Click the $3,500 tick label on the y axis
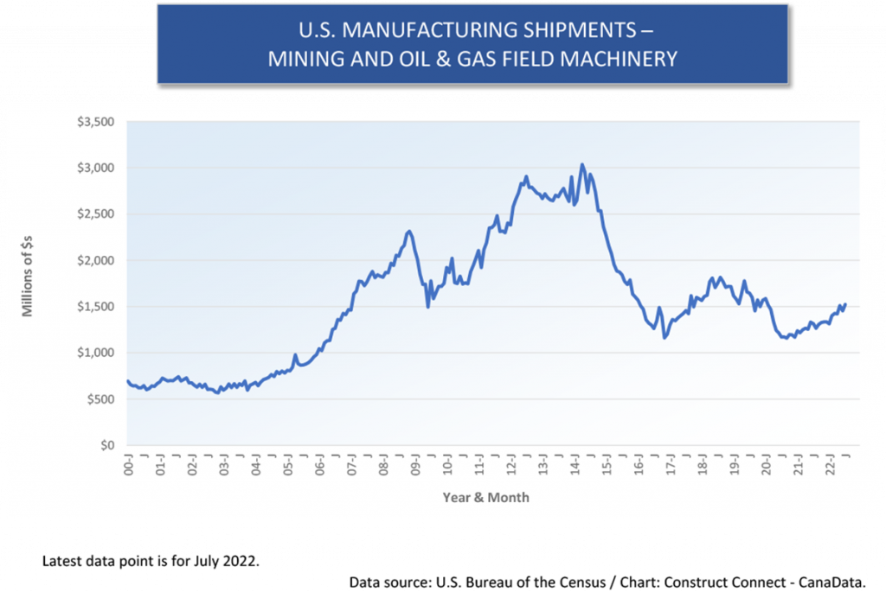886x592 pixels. coord(96,122)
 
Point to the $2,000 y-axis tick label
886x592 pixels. coord(96,260)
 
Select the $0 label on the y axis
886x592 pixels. coord(106,445)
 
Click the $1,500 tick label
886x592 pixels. coord(96,307)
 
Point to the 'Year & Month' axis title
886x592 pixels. coord(485,498)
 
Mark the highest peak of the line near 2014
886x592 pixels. coord(581,163)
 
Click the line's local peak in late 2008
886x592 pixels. coord(409,231)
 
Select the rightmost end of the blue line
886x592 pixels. coord(845,304)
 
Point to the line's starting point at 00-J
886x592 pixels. coord(128,380)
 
